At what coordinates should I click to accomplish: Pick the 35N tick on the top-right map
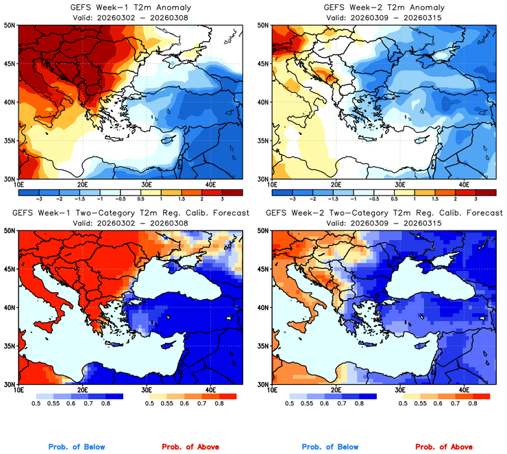point(263,141)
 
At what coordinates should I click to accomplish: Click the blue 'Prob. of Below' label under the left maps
point(76,447)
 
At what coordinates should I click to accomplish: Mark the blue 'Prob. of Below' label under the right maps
point(330,447)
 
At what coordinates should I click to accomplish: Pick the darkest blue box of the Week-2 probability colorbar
point(367,396)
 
